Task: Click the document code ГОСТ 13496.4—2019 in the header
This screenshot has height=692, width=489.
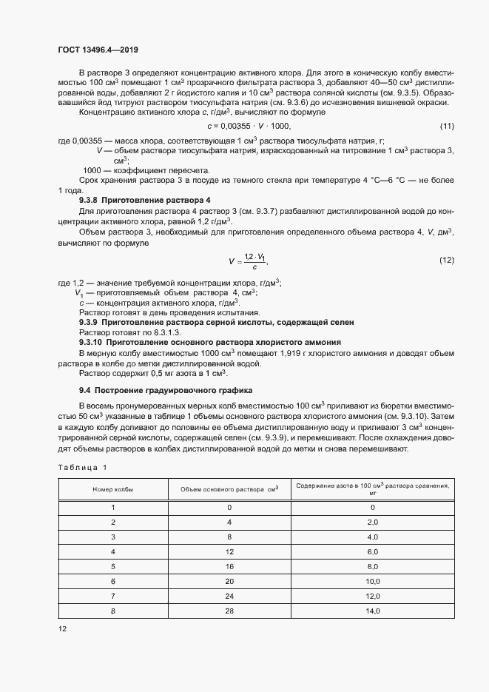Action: pyautogui.click(x=98, y=50)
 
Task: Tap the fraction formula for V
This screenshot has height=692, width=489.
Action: pyautogui.click(x=248, y=261)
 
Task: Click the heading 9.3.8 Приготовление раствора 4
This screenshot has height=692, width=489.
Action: pyautogui.click(x=145, y=201)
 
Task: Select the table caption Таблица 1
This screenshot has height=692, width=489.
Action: pyautogui.click(x=82, y=467)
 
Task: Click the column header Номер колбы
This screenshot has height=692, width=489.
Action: pyautogui.click(x=112, y=489)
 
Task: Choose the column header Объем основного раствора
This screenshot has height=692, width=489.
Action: pyautogui.click(x=229, y=489)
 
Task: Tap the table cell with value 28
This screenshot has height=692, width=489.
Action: pyautogui.click(x=229, y=611)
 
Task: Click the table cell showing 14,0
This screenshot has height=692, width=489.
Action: pyautogui.click(x=372, y=611)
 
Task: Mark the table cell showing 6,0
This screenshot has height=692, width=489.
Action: pyautogui.click(x=372, y=551)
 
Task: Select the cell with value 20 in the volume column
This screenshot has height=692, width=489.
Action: pyautogui.click(x=229, y=581)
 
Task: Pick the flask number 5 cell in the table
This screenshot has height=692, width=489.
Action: pyautogui.click(x=112, y=566)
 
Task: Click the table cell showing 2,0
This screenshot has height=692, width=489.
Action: pyautogui.click(x=372, y=522)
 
